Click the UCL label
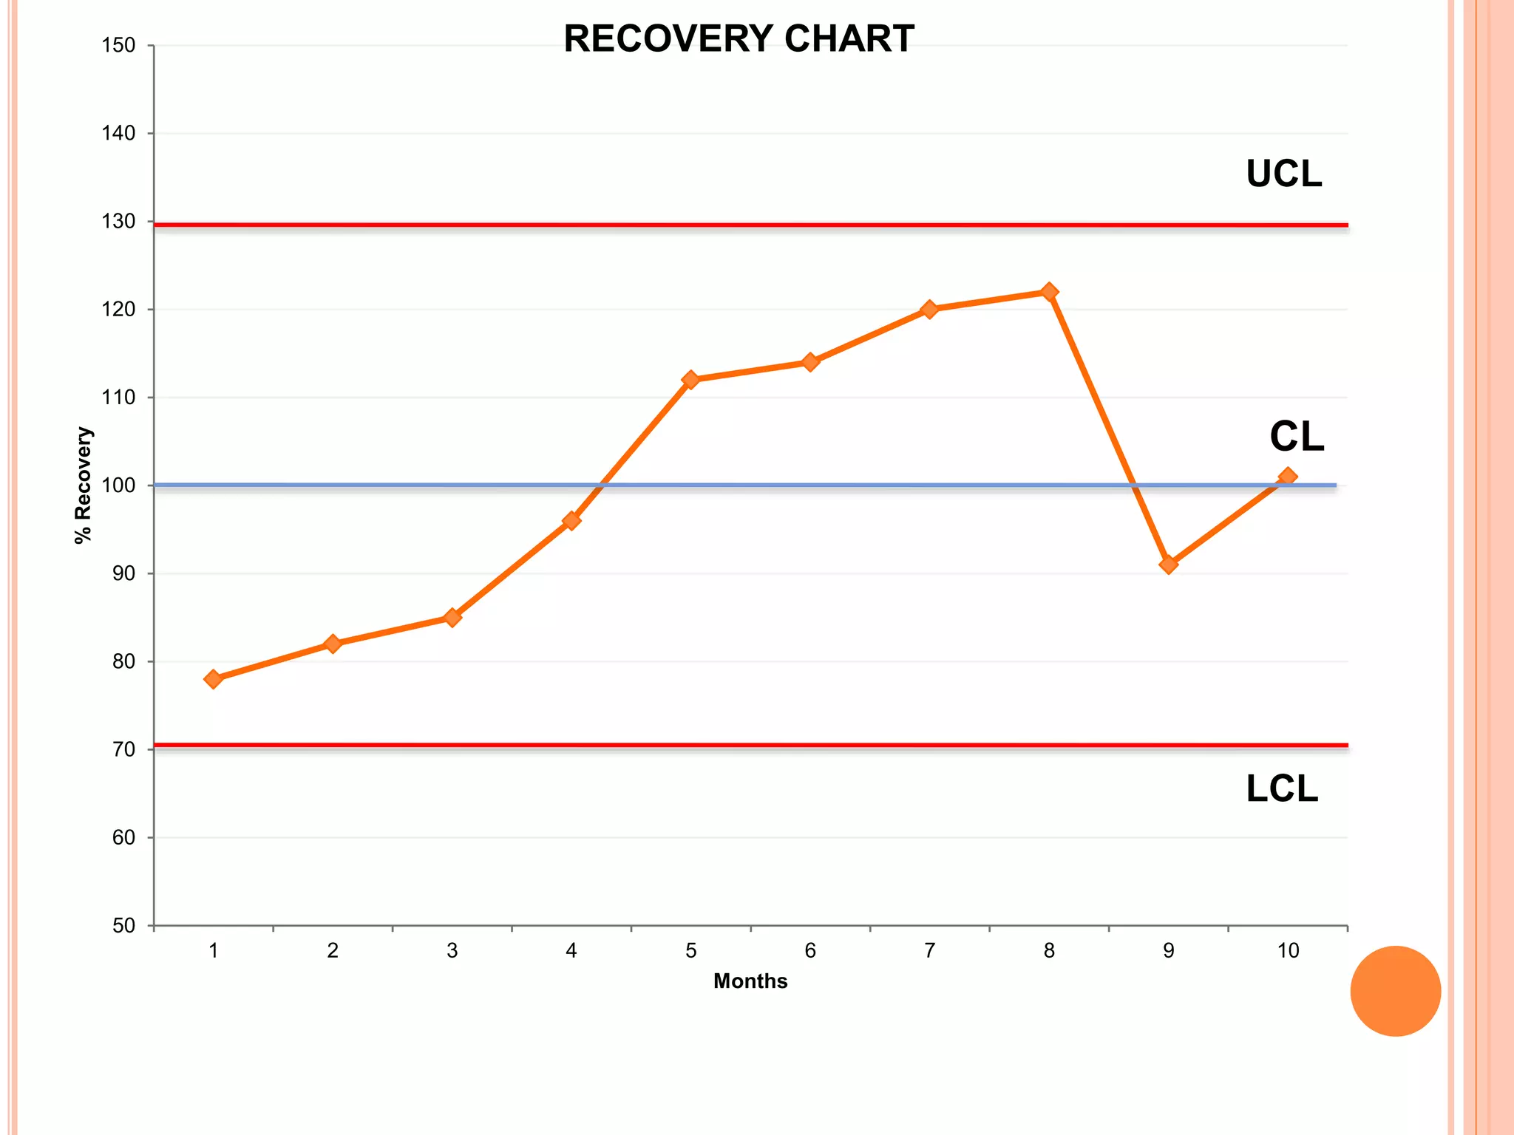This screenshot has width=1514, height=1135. point(1283,174)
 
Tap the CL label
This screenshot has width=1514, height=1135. point(1296,437)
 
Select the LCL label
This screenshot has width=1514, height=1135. point(1281,789)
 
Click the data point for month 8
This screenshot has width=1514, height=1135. point(1048,292)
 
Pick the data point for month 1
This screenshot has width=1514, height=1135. point(213,679)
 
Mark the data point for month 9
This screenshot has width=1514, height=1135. point(1168,565)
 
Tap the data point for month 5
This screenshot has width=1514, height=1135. point(690,380)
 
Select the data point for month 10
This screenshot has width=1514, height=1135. point(1287,477)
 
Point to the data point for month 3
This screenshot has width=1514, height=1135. point(452,617)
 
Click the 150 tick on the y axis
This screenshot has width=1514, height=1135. point(118,46)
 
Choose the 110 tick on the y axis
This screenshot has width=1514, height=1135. point(118,398)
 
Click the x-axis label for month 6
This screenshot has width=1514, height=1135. point(809,951)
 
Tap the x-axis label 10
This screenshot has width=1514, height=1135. point(1287,951)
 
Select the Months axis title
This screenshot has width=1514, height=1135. point(750,981)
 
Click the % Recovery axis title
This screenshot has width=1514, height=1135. point(84,485)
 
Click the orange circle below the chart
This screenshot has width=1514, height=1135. point(1395,991)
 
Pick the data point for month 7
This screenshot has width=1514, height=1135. point(929,309)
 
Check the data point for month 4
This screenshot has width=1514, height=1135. point(571,521)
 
